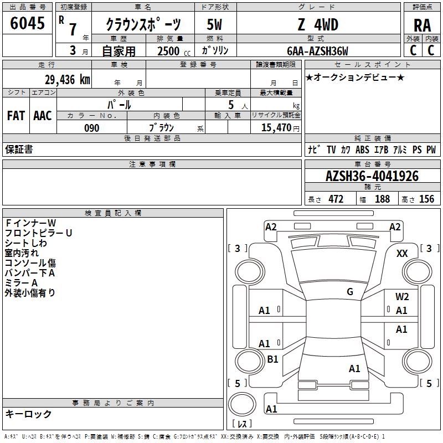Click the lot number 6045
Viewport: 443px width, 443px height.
(x=28, y=24)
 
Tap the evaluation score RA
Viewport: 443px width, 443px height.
(x=422, y=25)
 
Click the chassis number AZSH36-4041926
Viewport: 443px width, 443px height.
(x=372, y=177)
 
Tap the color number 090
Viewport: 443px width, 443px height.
(x=92, y=128)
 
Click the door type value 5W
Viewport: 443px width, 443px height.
(x=214, y=24)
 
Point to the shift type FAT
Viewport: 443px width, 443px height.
(x=16, y=116)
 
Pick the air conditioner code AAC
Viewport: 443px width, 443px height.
(x=42, y=116)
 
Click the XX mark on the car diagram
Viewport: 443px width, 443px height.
(x=402, y=253)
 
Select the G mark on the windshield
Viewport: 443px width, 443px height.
(x=350, y=292)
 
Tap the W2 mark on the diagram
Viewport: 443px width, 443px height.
(x=402, y=297)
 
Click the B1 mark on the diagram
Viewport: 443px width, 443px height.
(x=272, y=359)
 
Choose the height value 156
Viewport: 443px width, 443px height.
(x=426, y=199)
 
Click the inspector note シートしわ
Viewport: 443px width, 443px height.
(x=26, y=243)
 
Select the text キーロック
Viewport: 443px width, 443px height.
(x=28, y=414)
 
